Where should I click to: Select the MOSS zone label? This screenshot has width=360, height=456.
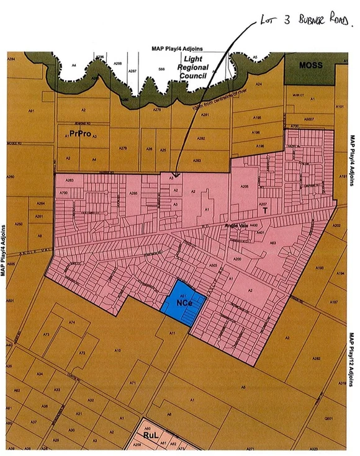pyautogui.click(x=308, y=65)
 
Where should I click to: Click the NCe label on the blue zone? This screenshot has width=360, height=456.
pyautogui.click(x=182, y=304)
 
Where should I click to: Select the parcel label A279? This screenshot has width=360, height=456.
pyautogui.click(x=123, y=148)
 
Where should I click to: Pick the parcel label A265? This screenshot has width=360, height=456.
pyautogui.click(x=133, y=193)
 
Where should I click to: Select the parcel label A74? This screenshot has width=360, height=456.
pyautogui.click(x=72, y=324)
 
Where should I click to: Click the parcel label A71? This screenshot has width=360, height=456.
pyautogui.click(x=132, y=383)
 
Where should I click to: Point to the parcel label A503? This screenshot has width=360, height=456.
pyautogui.click(x=213, y=265)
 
